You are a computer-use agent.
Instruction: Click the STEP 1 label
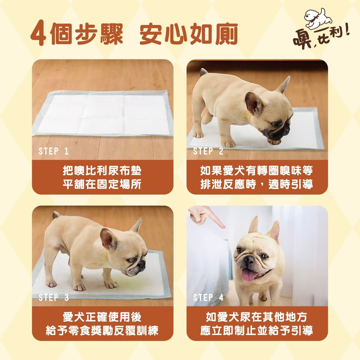click(54, 151)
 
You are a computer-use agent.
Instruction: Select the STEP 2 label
click(208, 151)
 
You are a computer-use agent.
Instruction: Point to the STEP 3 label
click(54, 298)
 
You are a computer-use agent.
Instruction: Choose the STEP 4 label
click(208, 298)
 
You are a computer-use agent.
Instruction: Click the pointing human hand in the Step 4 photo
click(206, 216)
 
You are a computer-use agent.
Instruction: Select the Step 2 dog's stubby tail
click(203, 72)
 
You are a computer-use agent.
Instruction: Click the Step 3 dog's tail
click(56, 215)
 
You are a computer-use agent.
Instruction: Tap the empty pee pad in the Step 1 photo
click(103, 113)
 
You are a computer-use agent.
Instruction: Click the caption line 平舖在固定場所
click(102, 184)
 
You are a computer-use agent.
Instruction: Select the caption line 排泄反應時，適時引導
click(257, 184)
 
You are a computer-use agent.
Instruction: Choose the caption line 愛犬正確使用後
click(102, 317)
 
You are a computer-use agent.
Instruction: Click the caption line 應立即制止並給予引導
click(257, 331)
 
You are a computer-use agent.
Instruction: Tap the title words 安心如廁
click(188, 33)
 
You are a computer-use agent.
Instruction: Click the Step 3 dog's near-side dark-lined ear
click(109, 239)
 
